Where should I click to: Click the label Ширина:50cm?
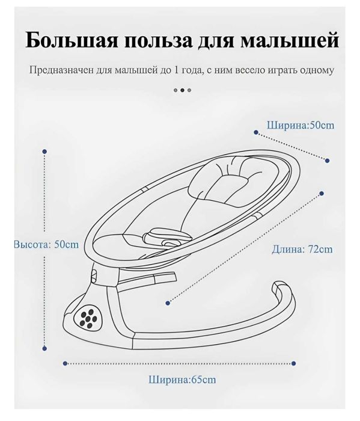point(301,125)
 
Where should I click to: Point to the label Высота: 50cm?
point(46,245)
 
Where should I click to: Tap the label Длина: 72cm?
point(302,249)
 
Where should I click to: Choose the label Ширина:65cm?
point(182,380)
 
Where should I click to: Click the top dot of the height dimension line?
point(44,152)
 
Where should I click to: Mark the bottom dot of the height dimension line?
point(44,348)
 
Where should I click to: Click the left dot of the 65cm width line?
point(65,363)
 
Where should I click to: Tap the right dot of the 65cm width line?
point(294,363)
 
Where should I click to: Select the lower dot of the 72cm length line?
point(168,303)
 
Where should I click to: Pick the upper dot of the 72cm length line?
point(322,193)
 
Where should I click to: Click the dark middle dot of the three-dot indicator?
point(182,90)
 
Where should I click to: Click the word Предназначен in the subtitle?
point(61,70)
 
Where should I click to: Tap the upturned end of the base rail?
point(279,287)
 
